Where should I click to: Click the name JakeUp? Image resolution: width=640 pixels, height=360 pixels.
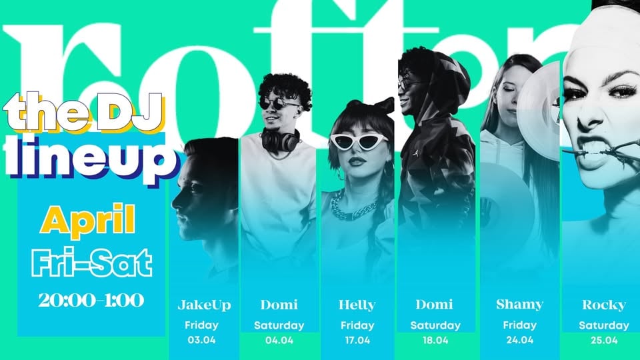(204, 305)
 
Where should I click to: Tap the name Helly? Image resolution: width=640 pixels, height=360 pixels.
(357, 305)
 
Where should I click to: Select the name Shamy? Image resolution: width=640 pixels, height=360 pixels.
(519, 305)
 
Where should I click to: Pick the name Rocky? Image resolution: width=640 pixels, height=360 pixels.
(603, 305)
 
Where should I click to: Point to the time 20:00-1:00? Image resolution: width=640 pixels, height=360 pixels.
(91, 301)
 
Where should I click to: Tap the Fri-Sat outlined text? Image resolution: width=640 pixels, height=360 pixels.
(92, 262)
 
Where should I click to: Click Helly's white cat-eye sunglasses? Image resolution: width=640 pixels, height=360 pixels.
(359, 141)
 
